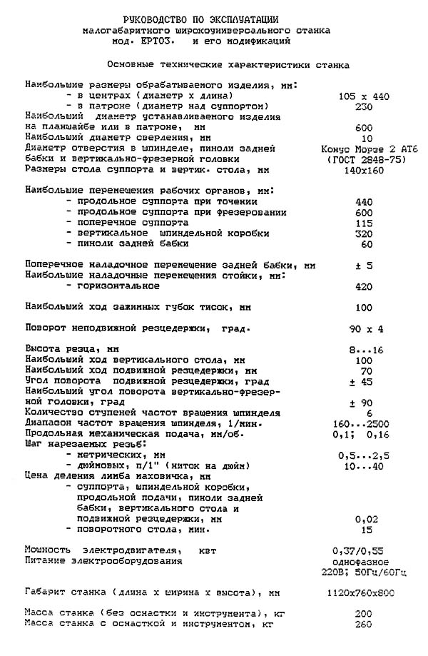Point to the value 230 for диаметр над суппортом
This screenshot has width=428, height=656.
click(x=363, y=106)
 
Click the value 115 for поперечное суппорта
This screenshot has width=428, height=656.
click(x=363, y=223)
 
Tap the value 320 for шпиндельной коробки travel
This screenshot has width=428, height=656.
click(x=363, y=233)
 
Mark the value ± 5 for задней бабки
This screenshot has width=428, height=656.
click(x=363, y=265)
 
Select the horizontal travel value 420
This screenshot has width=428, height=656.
click(x=363, y=286)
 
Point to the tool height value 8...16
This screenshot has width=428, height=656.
click(x=363, y=350)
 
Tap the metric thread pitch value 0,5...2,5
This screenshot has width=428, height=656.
click(x=363, y=455)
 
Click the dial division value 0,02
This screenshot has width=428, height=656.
click(x=363, y=519)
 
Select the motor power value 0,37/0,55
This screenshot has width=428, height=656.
click(x=363, y=550)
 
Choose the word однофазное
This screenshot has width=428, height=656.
click(x=363, y=561)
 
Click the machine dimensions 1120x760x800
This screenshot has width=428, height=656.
click(x=363, y=592)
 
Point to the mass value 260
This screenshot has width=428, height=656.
click(x=363, y=624)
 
